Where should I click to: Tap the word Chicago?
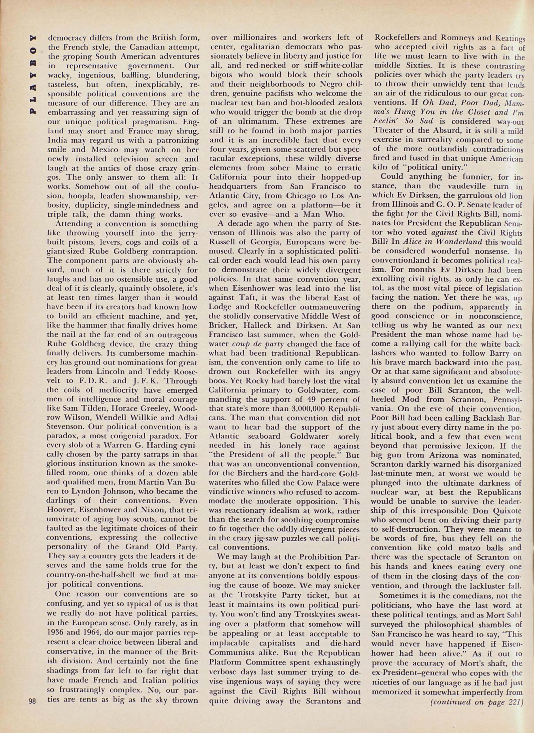click(x=292, y=196)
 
